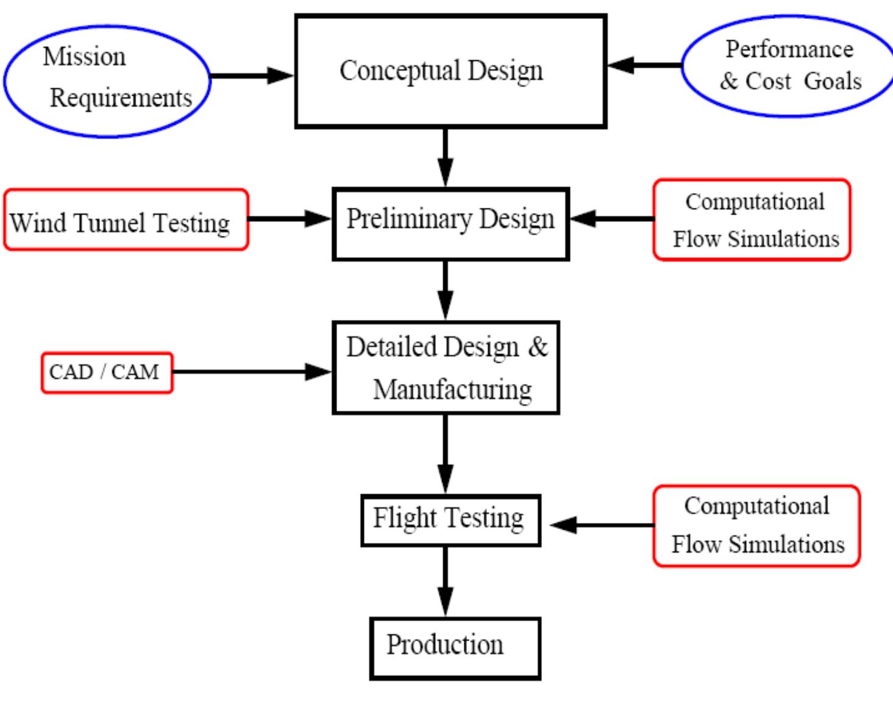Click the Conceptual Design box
[450, 71]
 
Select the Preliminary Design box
[450, 224]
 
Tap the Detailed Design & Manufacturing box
[446, 368]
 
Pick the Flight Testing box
[450, 520]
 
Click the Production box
[454, 648]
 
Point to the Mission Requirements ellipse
[107, 80]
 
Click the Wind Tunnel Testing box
[126, 219]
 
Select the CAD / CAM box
[107, 372]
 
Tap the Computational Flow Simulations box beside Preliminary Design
[752, 219]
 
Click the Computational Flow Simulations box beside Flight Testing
[756, 525]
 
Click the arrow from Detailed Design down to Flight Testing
[446, 453]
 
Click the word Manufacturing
[452, 389]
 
